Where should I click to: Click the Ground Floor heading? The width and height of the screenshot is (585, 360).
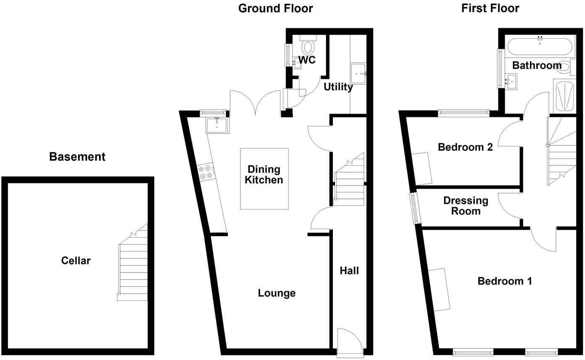pos(275,8)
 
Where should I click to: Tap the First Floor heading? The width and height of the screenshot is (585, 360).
pos(490,8)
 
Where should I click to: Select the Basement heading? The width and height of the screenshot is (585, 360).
pos(77,157)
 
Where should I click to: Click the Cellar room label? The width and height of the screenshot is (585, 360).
pos(76,261)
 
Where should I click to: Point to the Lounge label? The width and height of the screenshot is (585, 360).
pos(277,293)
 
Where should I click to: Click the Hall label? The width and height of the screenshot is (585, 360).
pos(349,271)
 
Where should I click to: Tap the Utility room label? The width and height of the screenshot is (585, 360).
pos(338,87)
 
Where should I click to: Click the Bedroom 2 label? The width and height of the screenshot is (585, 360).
pos(465,147)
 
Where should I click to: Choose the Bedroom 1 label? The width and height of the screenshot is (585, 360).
pos(505,281)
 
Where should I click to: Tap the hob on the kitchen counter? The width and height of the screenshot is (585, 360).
pos(206,172)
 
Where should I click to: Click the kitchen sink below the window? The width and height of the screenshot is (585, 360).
pos(217,125)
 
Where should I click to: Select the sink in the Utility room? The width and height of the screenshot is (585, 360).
pos(358,74)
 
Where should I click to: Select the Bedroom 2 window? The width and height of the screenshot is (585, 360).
pos(464,112)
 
